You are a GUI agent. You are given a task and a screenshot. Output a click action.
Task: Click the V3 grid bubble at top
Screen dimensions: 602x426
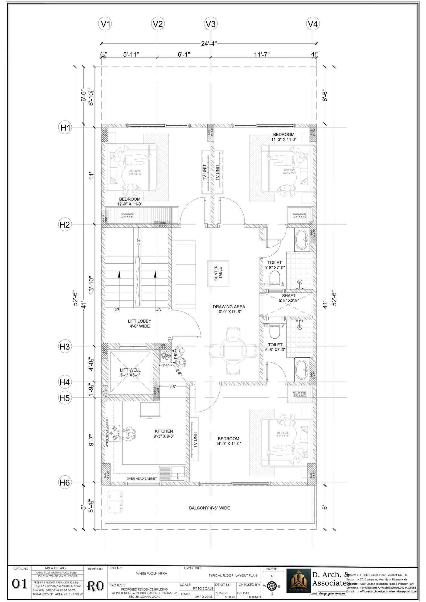coord(210,24)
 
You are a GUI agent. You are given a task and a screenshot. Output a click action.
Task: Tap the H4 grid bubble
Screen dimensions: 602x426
coord(64,382)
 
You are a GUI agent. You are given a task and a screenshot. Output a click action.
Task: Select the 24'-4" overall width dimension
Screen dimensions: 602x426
coord(209,43)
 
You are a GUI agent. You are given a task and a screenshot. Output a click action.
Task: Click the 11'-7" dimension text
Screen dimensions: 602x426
coord(262,55)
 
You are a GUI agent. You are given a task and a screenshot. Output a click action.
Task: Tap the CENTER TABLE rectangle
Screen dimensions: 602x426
coord(218,273)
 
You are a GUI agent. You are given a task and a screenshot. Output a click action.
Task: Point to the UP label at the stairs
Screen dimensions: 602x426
coord(116,310)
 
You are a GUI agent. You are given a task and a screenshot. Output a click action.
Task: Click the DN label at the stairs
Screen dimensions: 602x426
coord(158,310)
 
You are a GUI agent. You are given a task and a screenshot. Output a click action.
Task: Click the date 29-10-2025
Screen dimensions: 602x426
coord(203,597)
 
